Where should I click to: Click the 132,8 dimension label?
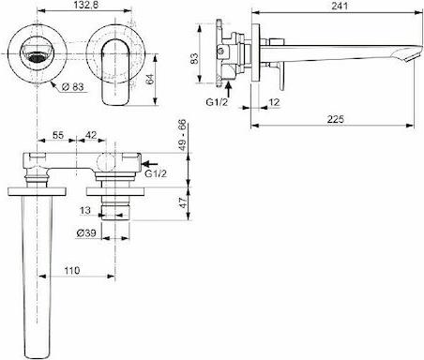84,5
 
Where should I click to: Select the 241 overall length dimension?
340,6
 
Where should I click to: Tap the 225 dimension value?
336,119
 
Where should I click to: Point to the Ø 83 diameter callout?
72,86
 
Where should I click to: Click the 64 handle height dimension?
150,79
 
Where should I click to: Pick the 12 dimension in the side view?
274,102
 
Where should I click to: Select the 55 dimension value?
58,135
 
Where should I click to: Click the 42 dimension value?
91,135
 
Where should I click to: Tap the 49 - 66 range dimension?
181,135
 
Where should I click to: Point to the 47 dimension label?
182,202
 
